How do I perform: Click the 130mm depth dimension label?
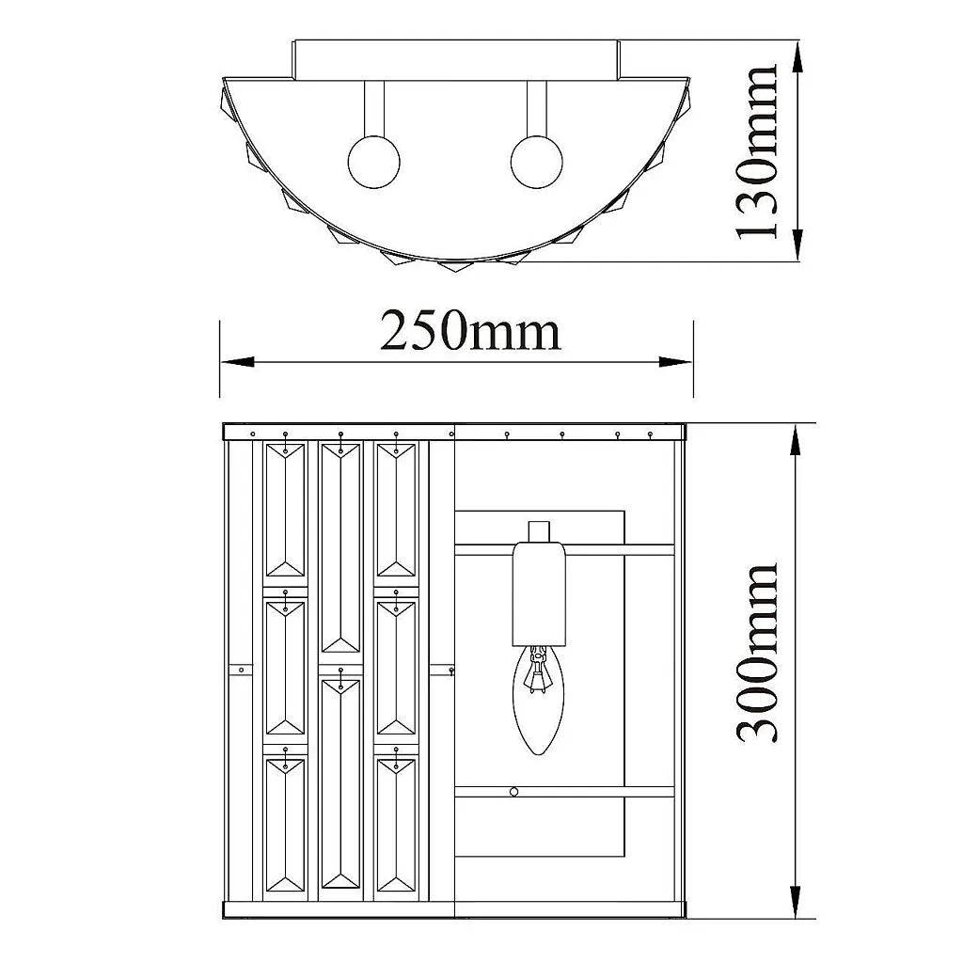pos(757,151)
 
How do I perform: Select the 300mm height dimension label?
pos(757,653)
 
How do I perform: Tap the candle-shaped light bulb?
pos(539,700)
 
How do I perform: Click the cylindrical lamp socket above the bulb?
pos(539,593)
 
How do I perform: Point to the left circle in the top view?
pos(374,162)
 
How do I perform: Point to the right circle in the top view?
pos(537,162)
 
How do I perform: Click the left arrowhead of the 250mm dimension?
pos(238,362)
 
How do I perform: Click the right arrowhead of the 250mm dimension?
pos(675,362)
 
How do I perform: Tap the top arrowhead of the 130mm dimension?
pos(797,58)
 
